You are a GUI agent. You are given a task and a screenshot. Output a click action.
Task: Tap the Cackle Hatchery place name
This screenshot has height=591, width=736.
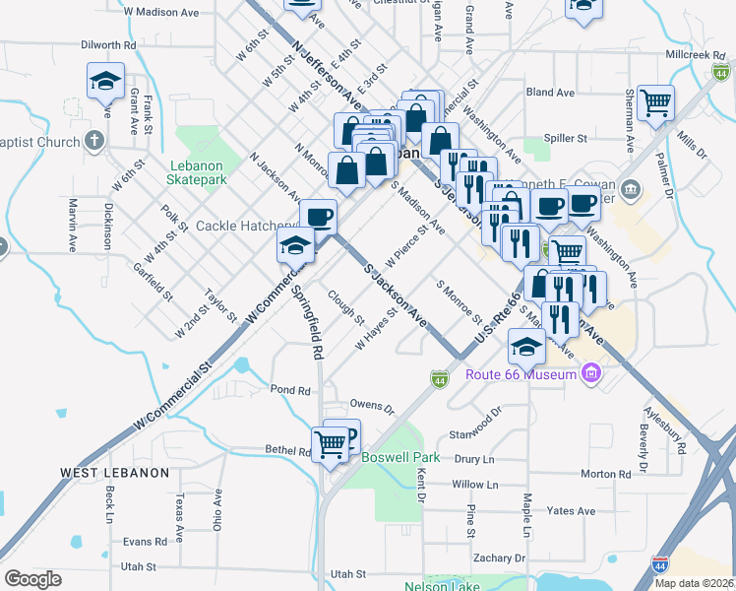[x=240, y=226]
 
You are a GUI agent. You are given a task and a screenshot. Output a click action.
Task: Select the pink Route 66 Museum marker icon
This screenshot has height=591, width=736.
[x=590, y=373]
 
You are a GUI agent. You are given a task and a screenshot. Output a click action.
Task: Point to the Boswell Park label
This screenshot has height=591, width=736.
[x=400, y=458]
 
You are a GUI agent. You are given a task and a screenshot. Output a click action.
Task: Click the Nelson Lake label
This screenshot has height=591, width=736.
[x=443, y=587]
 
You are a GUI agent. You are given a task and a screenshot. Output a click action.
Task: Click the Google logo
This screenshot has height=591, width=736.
[x=32, y=578]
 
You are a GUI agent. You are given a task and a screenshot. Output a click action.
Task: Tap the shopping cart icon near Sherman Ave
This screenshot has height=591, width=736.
[x=655, y=101]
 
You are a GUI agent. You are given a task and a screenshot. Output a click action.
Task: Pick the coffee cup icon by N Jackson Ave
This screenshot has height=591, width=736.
[x=317, y=216]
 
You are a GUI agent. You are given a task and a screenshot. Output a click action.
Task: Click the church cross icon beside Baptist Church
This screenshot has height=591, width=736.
[x=94, y=142]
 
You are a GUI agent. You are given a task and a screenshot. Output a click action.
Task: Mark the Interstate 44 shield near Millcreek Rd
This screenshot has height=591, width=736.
[x=722, y=73]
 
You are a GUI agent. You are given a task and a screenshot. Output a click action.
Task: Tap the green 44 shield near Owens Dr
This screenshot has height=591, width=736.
[x=439, y=379]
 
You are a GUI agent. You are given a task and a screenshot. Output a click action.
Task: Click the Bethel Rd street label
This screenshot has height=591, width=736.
[x=287, y=450]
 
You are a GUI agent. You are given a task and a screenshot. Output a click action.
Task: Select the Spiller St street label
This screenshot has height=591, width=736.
[x=568, y=139]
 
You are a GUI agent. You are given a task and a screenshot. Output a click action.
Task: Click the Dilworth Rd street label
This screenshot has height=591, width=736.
[x=108, y=45]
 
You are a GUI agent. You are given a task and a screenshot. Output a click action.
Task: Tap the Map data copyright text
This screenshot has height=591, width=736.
[x=694, y=582]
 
